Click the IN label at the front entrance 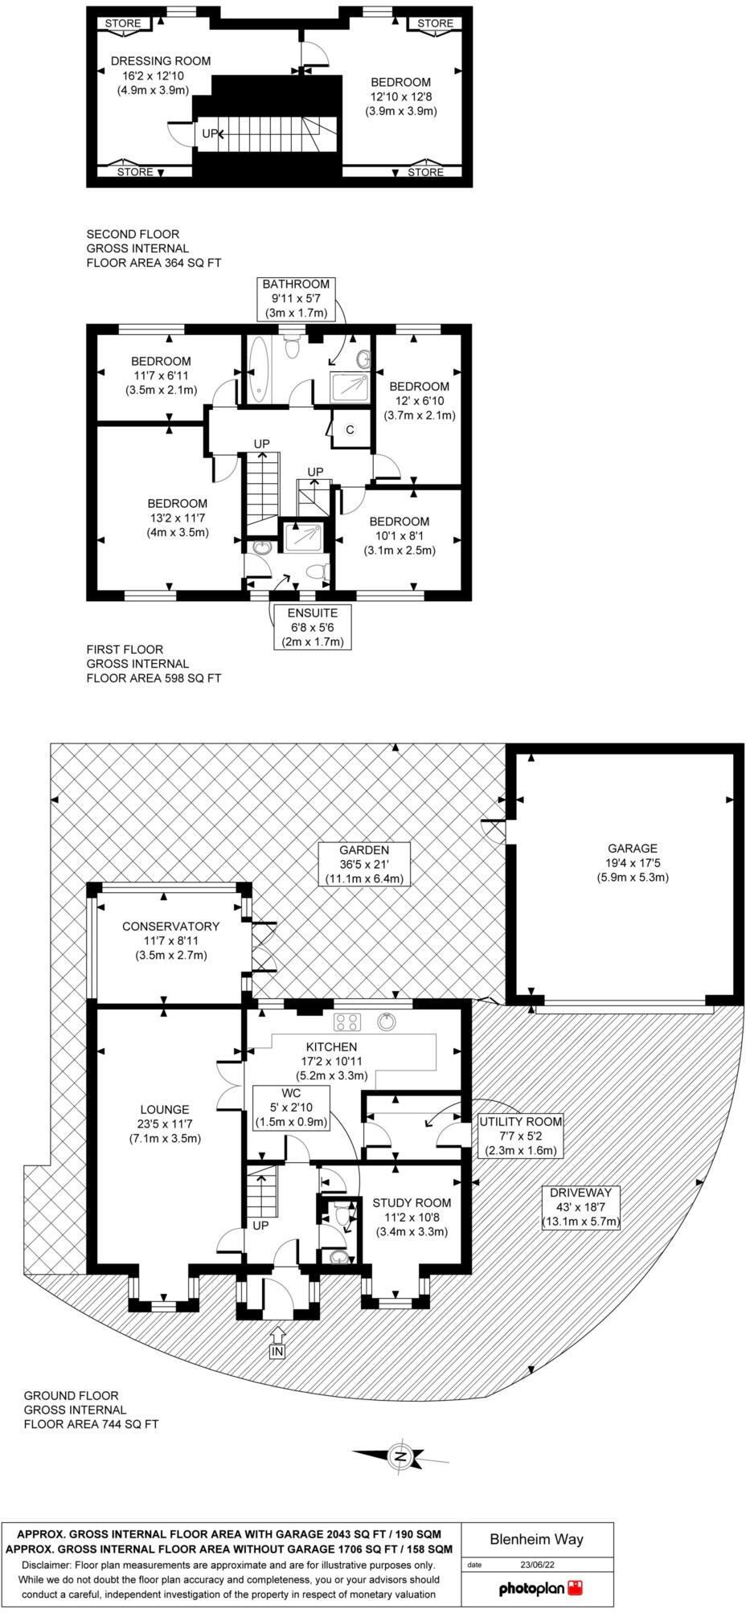277,1352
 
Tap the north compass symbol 400,1456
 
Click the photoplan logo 539,1588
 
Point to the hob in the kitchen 349,1022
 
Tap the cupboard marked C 350,430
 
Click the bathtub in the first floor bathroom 260,369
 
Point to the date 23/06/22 537,1564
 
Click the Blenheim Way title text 536,1540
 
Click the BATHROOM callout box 296,297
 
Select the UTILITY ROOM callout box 520,1135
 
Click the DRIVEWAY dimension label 581,1206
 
